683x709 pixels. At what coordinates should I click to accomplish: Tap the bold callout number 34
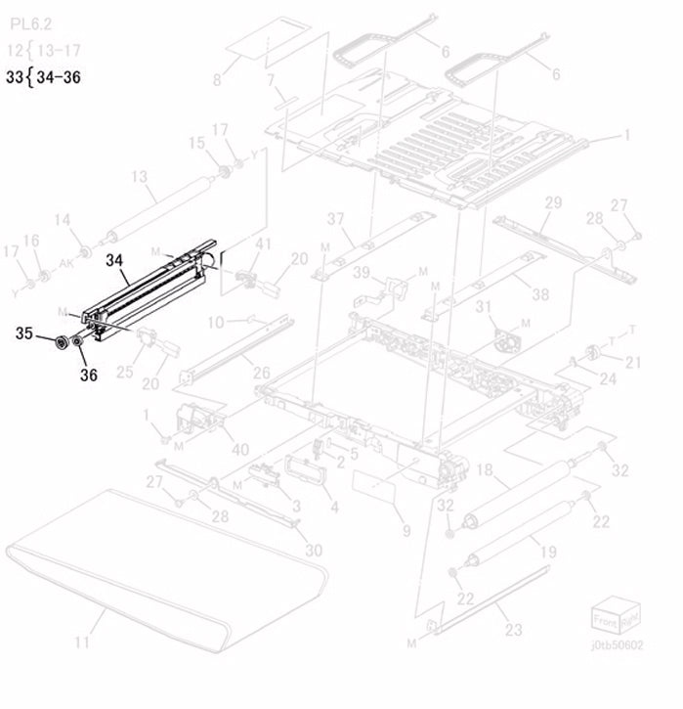(x=115, y=261)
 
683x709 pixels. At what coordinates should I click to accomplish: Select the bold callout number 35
(x=24, y=334)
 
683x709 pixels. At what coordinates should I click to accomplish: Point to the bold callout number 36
(x=89, y=374)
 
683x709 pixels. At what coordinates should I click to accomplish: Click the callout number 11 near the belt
(x=82, y=642)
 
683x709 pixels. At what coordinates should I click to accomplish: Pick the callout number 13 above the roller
(x=138, y=176)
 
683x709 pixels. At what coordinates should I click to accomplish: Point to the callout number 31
(x=483, y=307)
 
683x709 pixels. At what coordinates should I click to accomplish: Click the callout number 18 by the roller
(x=486, y=471)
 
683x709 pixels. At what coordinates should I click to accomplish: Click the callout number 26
(x=260, y=372)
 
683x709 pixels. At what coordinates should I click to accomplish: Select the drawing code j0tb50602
(x=618, y=644)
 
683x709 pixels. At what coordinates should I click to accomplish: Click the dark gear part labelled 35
(x=64, y=343)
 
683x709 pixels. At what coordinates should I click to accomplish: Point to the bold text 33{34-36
(x=43, y=78)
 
